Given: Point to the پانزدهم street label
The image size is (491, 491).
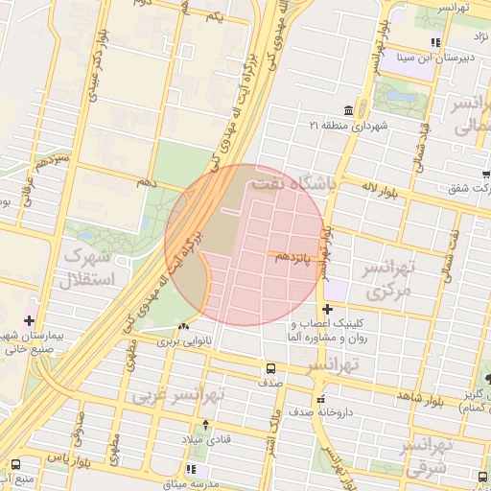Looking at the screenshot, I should (292, 258).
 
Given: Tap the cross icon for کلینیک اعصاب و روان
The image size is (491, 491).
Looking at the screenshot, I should (329, 309).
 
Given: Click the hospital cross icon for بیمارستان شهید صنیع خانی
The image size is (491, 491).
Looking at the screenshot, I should (30, 320).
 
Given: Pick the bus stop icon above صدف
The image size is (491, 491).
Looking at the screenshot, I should (270, 368).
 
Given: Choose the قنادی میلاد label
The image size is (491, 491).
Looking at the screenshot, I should (204, 438).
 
